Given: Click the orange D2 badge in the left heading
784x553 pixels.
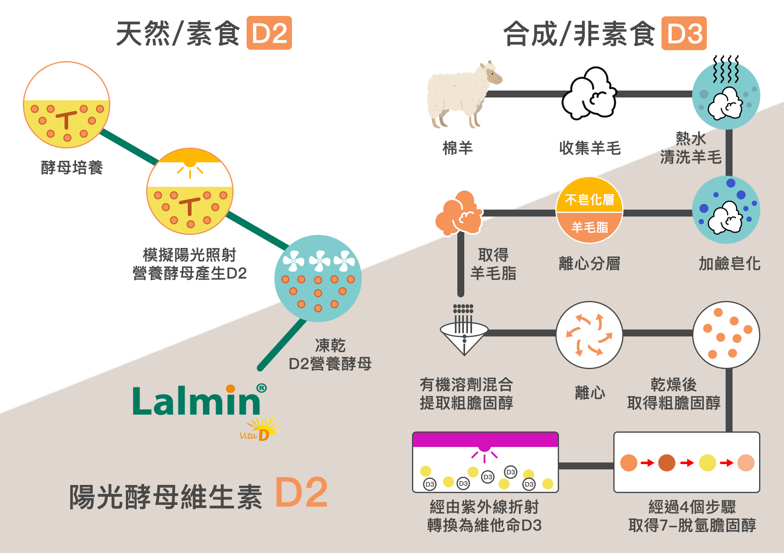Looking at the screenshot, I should coord(269,33).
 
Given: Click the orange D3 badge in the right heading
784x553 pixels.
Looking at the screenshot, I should coord(684,33).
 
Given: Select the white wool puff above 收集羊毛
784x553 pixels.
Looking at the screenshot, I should coord(589,94).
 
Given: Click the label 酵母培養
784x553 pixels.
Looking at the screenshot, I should coord(72,168).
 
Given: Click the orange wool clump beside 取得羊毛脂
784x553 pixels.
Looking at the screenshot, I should coord(459,213).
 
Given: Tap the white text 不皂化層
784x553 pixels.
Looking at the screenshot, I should coord(589,199).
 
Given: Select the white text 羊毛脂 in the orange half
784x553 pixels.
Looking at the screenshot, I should coord(589,227).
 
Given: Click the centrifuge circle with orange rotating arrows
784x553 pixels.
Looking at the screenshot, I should coord(589,335).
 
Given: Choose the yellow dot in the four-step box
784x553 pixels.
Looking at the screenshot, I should coord(707,463).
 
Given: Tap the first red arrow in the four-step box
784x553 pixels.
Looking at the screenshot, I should coord(647,463).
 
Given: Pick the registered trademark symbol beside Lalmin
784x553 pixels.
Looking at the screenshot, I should coord(261,388).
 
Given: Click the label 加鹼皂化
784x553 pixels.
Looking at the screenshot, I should coord(729,264).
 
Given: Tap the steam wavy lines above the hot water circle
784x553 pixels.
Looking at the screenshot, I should coord(726,69).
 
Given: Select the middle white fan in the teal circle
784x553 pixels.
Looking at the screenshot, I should coord(319,261).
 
